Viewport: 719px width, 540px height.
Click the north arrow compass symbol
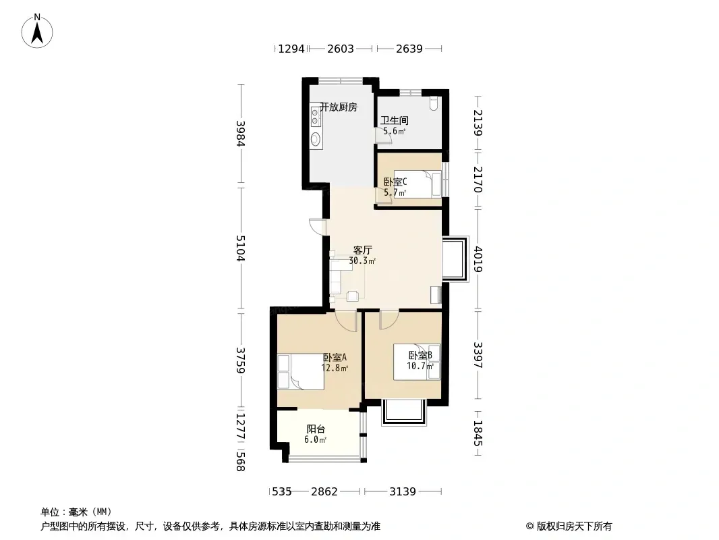(x=37, y=31)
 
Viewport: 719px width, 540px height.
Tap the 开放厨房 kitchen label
(x=339, y=107)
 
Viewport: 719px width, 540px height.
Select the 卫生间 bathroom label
(x=395, y=121)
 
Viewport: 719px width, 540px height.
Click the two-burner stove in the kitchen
(x=315, y=115)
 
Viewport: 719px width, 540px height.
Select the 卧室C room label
(x=395, y=182)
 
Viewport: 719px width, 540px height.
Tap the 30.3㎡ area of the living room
(x=362, y=261)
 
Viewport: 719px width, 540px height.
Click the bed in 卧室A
(x=300, y=372)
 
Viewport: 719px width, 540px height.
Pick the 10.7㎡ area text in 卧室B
(x=420, y=366)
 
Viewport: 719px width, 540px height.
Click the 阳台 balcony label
(x=316, y=429)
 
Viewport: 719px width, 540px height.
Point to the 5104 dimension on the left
(x=241, y=248)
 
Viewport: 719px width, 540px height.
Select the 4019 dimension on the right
(x=478, y=259)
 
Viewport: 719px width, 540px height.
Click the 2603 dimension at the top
(x=340, y=49)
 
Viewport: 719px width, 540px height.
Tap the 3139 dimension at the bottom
(x=403, y=492)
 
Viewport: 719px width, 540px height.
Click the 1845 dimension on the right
(x=478, y=433)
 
